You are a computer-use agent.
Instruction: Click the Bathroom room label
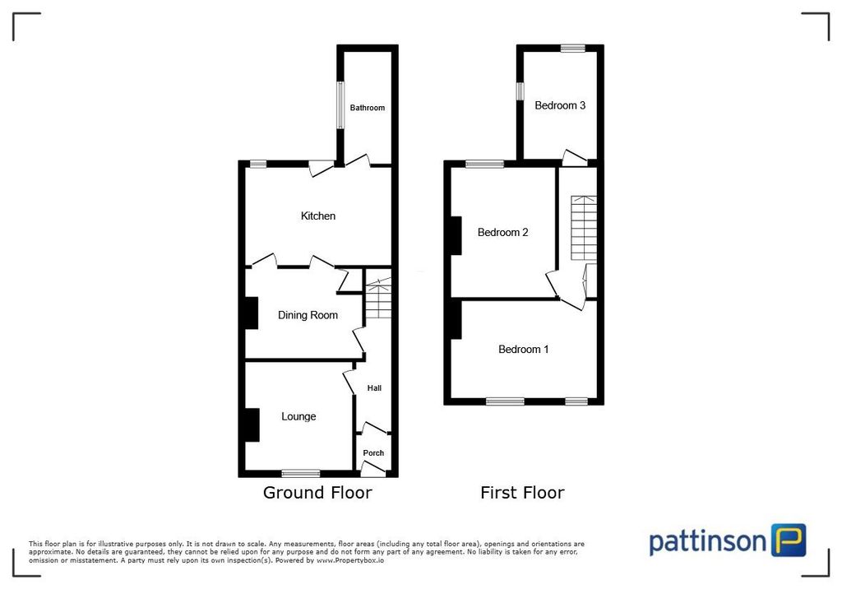point(367,108)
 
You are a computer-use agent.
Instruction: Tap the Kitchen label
point(318,216)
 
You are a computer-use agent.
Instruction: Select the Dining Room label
point(308,315)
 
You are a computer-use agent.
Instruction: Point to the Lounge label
point(298,416)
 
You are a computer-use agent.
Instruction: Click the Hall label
point(374,388)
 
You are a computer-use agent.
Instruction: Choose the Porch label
point(373,453)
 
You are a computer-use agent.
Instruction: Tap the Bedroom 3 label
point(560,105)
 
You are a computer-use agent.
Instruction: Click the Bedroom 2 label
point(503,232)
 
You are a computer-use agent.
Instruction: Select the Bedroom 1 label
point(524,350)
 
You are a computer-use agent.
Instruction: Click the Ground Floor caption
point(317,493)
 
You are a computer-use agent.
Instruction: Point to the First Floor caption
point(522,493)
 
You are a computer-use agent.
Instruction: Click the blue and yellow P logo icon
point(789,540)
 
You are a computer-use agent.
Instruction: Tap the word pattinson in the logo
point(708,542)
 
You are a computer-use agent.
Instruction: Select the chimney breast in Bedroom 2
point(455,235)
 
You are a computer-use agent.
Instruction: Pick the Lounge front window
point(300,473)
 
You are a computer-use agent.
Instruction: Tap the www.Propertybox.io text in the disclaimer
point(349,560)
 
